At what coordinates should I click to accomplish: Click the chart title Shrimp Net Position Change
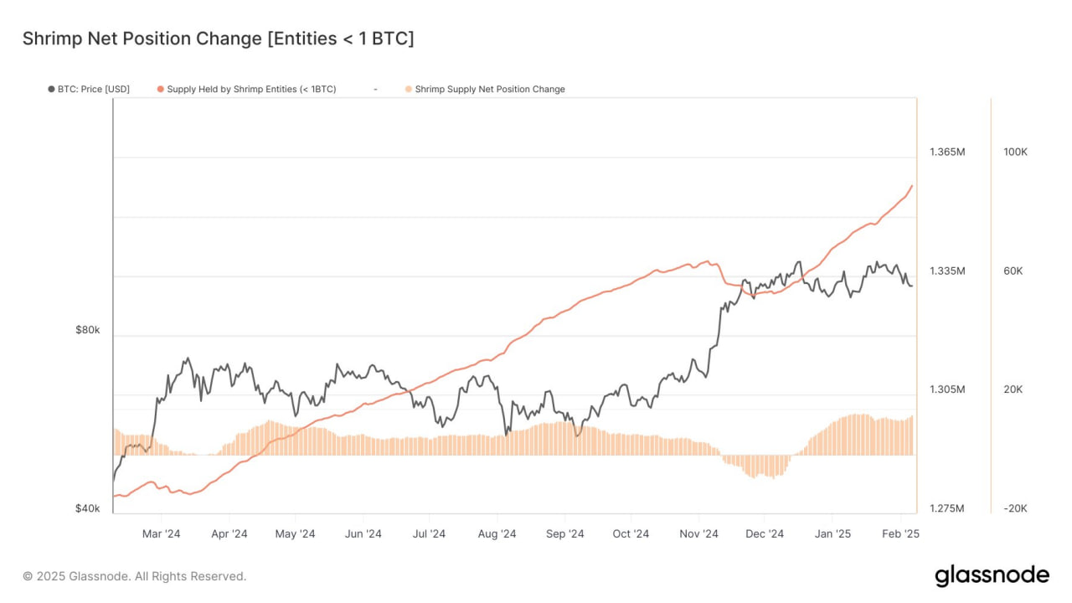click(218, 39)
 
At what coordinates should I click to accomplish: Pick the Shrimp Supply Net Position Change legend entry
click(490, 89)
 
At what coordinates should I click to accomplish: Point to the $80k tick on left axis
click(87, 330)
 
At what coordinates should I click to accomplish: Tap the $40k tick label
click(87, 508)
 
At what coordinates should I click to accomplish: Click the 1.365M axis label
click(947, 152)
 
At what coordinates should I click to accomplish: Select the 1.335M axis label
click(947, 271)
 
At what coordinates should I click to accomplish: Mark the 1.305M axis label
click(947, 389)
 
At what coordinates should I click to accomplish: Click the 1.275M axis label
click(947, 508)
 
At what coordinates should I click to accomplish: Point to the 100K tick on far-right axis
click(1015, 152)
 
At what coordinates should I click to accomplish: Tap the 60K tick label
click(1014, 271)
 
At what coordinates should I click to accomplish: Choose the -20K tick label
click(1014, 508)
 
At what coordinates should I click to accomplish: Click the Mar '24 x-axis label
click(161, 534)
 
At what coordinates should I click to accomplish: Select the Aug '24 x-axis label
click(497, 534)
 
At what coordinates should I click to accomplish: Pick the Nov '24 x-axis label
click(698, 534)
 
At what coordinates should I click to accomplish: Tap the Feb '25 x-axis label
click(900, 534)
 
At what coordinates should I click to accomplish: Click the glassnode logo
click(992, 575)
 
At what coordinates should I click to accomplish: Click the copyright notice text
click(135, 576)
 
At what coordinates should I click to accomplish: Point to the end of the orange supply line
click(912, 186)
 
